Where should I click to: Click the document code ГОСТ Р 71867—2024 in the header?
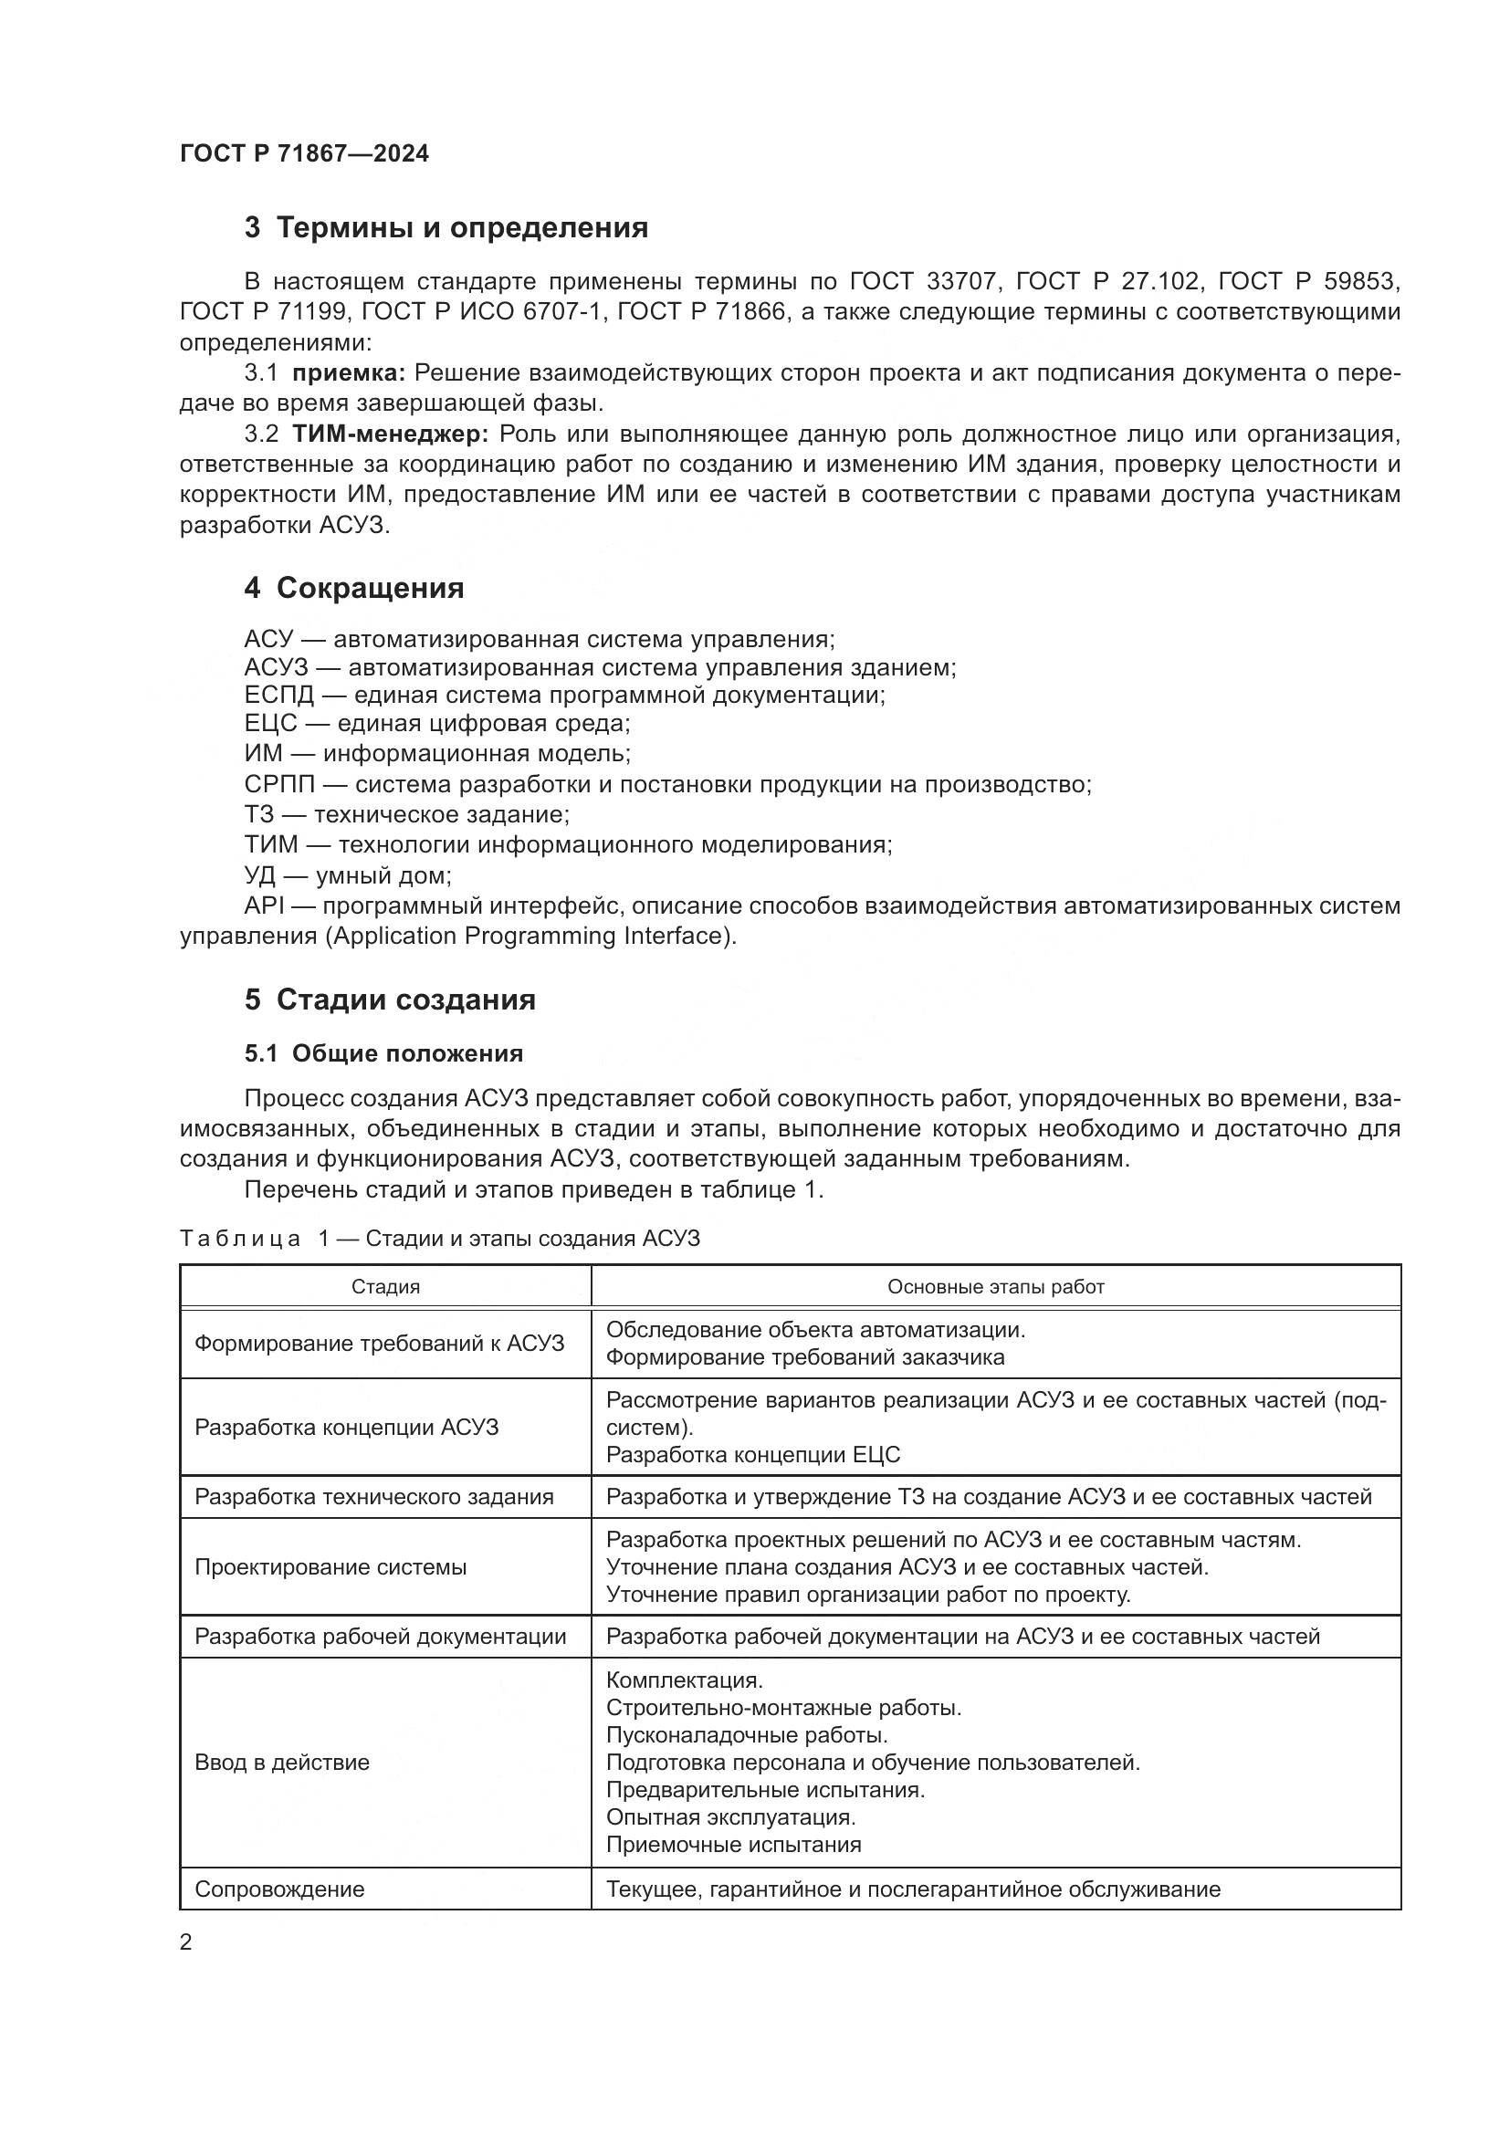(304, 154)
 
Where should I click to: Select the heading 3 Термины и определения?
(446, 228)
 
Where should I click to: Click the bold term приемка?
(349, 374)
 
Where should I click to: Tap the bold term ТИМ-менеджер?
(390, 434)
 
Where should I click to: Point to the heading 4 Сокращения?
(354, 589)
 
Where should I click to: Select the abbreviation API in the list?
(262, 905)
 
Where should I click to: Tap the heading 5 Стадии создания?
(391, 999)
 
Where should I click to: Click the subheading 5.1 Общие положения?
(383, 1053)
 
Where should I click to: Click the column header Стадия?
(385, 1287)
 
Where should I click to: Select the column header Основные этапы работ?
(995, 1287)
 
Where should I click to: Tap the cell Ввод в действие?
(282, 1762)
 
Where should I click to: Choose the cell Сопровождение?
(279, 1889)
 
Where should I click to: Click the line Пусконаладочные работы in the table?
(747, 1735)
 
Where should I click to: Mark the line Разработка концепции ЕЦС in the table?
(753, 1454)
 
